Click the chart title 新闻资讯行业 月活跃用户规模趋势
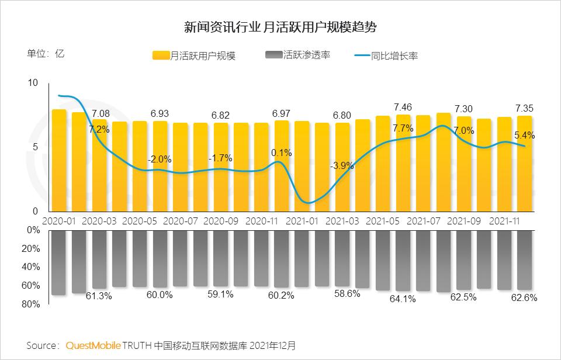[280, 27]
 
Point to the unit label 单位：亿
[46, 54]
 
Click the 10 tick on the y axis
[32, 84]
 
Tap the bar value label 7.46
[403, 107]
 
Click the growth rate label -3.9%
[341, 166]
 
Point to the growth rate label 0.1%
[281, 153]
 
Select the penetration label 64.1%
[403, 299]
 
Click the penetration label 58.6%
[342, 294]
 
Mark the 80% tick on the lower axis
[33, 304]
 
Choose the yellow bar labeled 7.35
[524, 164]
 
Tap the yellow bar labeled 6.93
[160, 167]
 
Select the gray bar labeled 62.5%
[464, 259]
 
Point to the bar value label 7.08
[99, 113]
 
